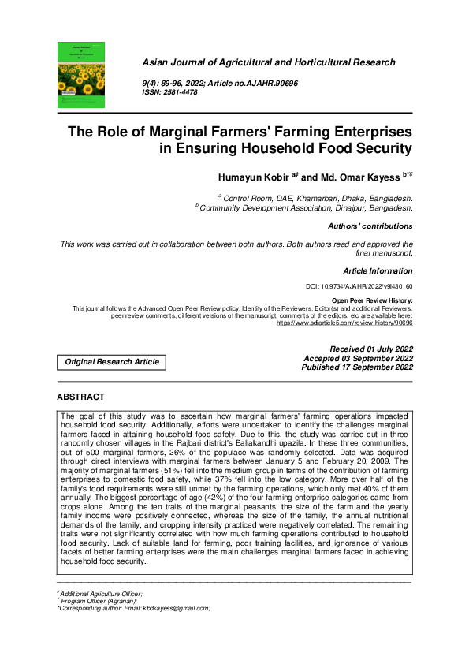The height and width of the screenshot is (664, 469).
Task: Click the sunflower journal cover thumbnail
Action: (80, 74)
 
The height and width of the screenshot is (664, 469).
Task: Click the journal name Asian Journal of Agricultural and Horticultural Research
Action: (268, 62)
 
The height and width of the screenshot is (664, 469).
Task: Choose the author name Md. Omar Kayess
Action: (359, 178)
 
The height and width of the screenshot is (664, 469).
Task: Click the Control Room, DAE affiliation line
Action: (317, 198)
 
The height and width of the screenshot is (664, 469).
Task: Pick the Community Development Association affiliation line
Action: (306, 208)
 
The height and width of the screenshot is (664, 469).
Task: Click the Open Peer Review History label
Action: (372, 301)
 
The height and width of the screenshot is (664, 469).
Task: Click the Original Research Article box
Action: (112, 362)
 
